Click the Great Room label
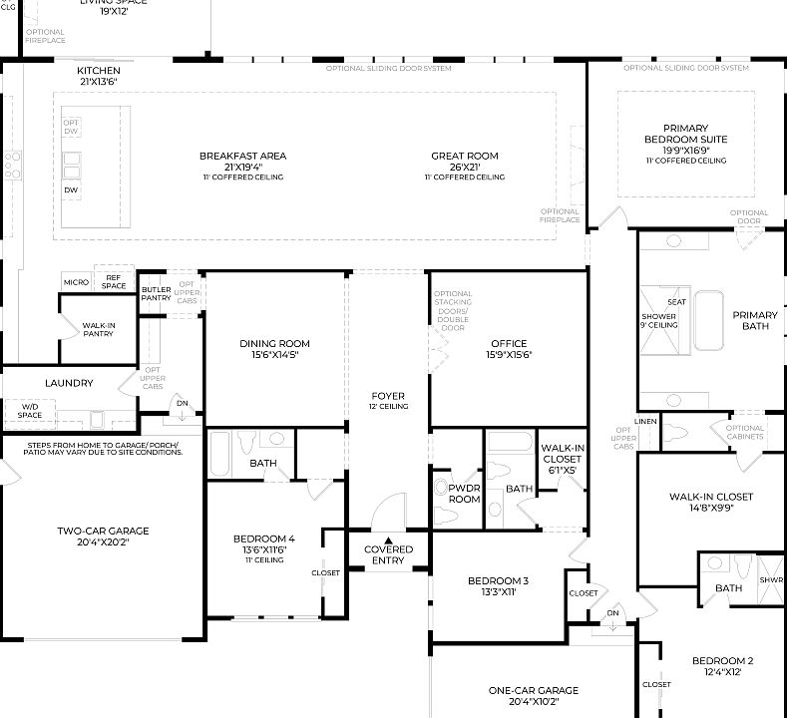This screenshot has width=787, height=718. click(464, 157)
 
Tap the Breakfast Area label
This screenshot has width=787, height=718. click(242, 157)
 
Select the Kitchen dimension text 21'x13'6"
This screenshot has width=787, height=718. click(99, 82)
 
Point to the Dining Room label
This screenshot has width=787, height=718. click(268, 344)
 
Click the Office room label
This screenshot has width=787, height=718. click(509, 344)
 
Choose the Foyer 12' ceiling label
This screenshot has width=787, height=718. click(388, 406)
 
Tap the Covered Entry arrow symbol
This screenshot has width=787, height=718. click(389, 539)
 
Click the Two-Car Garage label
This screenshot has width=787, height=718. click(103, 531)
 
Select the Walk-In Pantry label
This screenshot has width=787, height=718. click(98, 329)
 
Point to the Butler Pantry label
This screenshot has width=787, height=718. click(156, 292)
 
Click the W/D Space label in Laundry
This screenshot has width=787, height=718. click(29, 411)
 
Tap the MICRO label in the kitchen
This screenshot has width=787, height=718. click(77, 282)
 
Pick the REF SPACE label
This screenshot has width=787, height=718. click(114, 282)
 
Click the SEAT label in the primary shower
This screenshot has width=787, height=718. click(676, 301)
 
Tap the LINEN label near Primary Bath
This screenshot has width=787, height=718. click(646, 422)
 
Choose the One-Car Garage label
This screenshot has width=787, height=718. click(534, 690)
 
